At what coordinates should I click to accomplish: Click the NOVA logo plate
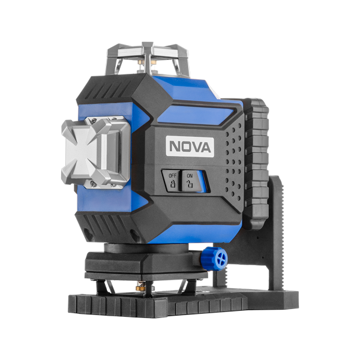[x=190, y=147]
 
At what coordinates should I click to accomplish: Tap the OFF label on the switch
[x=172, y=176]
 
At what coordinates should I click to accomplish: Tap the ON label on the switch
[x=190, y=176]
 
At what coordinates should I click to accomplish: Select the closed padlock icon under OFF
[x=172, y=184]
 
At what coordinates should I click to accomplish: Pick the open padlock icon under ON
[x=190, y=184]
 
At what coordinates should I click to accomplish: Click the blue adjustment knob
[x=217, y=259]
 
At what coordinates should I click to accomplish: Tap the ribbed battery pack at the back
[x=256, y=164]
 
